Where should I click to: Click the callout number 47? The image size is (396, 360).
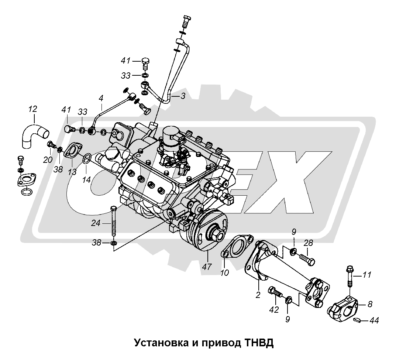point(207,267)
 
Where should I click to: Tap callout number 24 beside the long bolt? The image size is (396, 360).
point(96,223)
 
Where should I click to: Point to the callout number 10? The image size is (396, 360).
point(225,273)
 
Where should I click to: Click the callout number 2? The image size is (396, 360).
point(258,295)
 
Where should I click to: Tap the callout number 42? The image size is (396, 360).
point(273,310)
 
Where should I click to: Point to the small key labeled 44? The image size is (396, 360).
point(357,320)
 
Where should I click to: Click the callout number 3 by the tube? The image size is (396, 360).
point(183,96)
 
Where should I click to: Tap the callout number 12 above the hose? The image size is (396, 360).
point(32,109)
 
